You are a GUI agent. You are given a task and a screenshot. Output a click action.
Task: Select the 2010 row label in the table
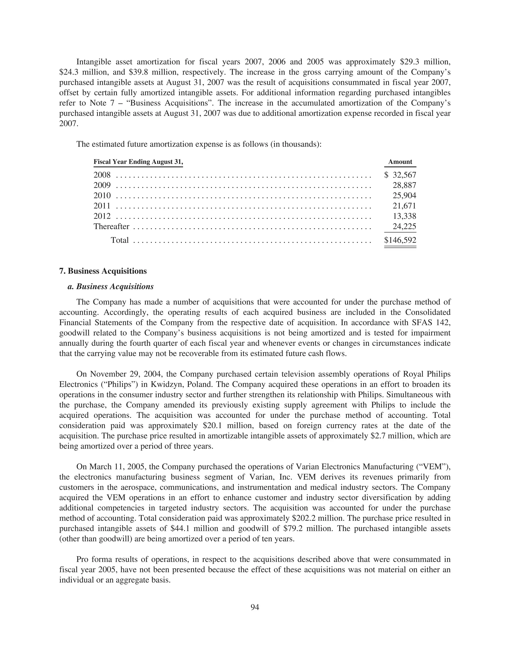click(x=102, y=196)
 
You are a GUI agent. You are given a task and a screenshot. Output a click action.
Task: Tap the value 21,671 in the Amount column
click(x=404, y=206)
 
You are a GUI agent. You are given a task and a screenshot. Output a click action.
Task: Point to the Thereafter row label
click(x=111, y=226)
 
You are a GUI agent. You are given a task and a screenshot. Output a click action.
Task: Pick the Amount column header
click(x=400, y=162)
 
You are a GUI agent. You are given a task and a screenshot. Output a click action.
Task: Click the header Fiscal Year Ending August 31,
click(x=138, y=162)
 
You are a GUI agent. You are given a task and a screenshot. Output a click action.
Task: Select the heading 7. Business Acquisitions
click(x=103, y=271)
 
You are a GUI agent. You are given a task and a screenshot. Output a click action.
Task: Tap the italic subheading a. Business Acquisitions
click(x=111, y=287)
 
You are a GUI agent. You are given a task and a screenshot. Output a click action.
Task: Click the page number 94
click(x=255, y=607)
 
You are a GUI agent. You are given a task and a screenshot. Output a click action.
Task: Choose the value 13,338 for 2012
click(x=404, y=216)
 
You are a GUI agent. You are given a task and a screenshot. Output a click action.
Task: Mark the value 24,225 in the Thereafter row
click(x=404, y=226)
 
